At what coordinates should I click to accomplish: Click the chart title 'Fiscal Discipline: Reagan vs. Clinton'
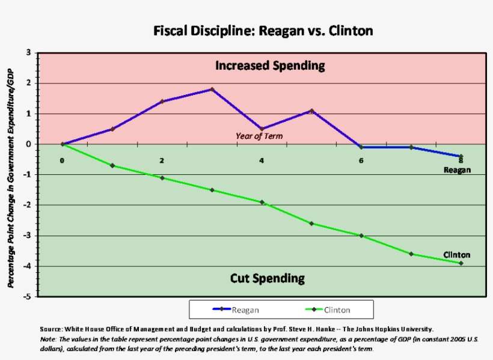pos(263,30)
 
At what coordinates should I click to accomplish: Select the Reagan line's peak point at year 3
pos(212,90)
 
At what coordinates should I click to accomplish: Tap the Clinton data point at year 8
pos(461,263)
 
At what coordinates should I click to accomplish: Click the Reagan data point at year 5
pos(311,111)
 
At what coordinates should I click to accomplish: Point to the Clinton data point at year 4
pos(262,202)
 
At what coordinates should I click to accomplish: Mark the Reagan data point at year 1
pos(112,129)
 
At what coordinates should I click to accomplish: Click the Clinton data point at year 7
pos(411,254)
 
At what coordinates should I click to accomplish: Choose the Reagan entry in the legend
pos(236,310)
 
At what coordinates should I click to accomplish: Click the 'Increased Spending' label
pos(270,66)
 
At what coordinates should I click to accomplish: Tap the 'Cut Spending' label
pos(267,278)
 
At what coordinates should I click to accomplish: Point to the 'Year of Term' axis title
pos(259,136)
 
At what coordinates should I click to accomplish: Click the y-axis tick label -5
pos(28,296)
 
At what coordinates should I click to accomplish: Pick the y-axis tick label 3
pos(29,53)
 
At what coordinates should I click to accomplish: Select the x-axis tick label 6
pos(361,160)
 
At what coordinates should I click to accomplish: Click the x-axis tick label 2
pos(162,160)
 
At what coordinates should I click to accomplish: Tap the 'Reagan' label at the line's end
pos(457,169)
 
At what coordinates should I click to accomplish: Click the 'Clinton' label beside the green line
pos(456,255)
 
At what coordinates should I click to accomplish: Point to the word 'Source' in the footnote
pos(50,329)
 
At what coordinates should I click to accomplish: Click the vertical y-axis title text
pos(11,174)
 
